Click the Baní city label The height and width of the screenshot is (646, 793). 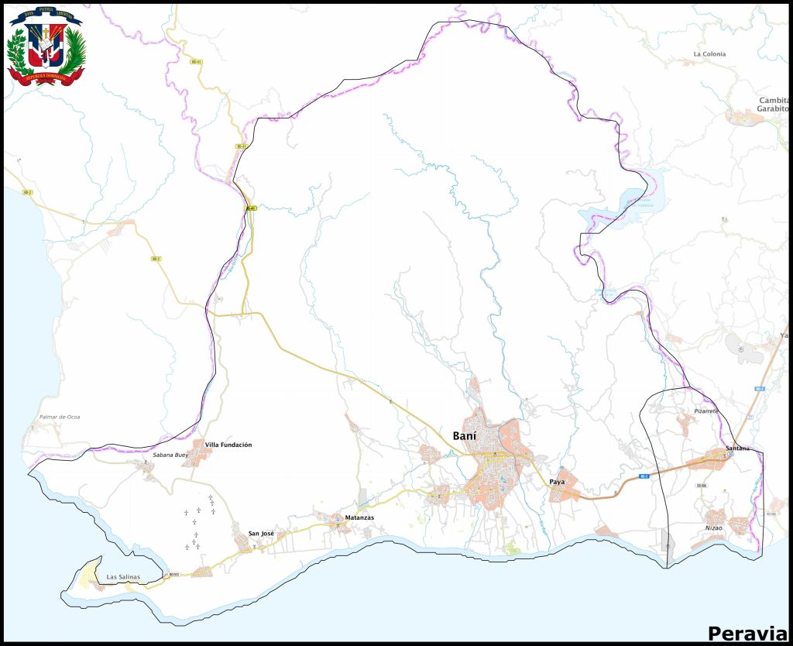(x=464, y=436)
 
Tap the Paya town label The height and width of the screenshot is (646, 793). (x=557, y=482)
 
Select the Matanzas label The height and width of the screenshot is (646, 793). (x=359, y=517)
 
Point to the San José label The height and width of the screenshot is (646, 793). (x=261, y=534)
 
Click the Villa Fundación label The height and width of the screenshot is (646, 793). (x=228, y=445)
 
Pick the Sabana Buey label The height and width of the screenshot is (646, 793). (x=170, y=455)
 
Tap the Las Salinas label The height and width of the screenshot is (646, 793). (x=124, y=577)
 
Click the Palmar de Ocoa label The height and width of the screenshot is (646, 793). (x=60, y=417)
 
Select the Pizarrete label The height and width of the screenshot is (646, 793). (x=706, y=411)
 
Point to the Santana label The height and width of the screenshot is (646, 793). (x=739, y=449)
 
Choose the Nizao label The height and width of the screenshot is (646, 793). (x=713, y=527)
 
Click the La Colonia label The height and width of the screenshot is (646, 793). (x=709, y=54)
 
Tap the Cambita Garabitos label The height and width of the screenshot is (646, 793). (x=773, y=105)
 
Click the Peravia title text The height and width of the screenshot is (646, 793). (x=747, y=633)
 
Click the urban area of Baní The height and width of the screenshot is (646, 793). (x=496, y=465)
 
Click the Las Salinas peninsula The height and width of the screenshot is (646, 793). (x=89, y=577)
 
